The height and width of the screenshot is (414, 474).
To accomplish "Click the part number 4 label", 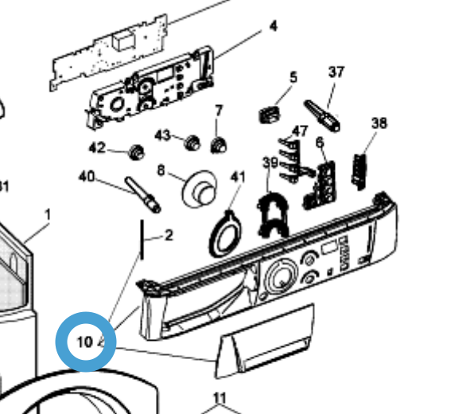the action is click(x=274, y=26).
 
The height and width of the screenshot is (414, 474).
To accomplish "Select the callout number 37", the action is click(x=336, y=72).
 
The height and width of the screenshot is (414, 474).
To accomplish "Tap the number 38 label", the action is click(x=379, y=123).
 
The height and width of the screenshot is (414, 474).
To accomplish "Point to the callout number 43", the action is click(x=162, y=135).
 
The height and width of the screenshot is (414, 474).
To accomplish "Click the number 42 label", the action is click(x=97, y=147).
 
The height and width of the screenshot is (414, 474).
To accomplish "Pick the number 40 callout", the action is click(x=87, y=176).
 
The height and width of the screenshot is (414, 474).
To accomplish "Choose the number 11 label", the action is click(x=220, y=397).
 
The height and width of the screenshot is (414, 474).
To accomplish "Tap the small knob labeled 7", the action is click(x=219, y=145).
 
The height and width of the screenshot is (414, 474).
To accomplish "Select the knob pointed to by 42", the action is click(x=137, y=152).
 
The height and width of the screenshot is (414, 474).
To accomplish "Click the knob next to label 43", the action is click(x=192, y=143).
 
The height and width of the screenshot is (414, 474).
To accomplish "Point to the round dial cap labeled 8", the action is click(x=200, y=189).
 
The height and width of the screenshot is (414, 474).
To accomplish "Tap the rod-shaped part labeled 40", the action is click(x=142, y=194).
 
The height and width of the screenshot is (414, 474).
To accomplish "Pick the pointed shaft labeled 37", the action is click(x=322, y=116).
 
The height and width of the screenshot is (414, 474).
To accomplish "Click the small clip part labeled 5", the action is click(x=270, y=115).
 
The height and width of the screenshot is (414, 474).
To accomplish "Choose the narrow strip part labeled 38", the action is click(x=359, y=172).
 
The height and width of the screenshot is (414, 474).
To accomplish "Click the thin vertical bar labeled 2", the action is click(x=142, y=239).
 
